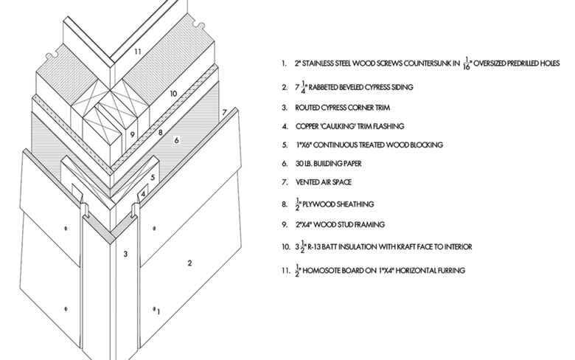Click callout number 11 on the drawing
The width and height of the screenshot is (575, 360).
point(137,52)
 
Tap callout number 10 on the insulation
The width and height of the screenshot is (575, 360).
point(173,94)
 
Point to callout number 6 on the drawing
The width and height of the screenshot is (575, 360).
point(177,139)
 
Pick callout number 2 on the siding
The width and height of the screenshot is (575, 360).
point(189,263)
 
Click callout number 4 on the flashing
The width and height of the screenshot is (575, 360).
point(144,193)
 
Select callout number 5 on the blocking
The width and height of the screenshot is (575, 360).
point(153,177)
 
